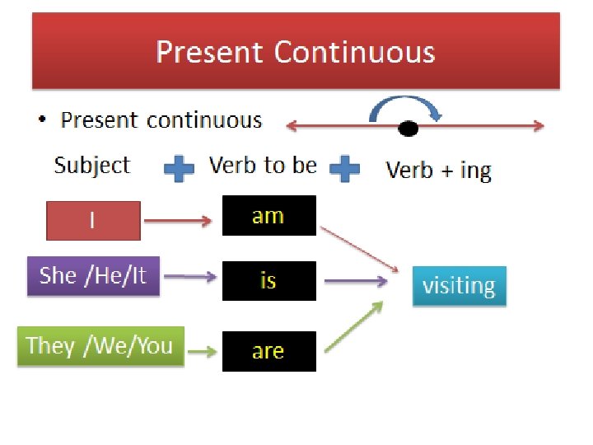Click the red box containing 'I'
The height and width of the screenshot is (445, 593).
[92, 220]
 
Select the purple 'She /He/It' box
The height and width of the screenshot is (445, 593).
[92, 275]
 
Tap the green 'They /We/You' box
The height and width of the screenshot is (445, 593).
[100, 346]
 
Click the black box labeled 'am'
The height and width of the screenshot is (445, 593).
[268, 216]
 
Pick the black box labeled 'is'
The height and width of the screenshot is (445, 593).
[268, 281]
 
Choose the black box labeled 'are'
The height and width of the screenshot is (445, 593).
[268, 351]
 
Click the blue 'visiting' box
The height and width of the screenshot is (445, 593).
[459, 286]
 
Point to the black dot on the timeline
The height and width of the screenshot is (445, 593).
[408, 128]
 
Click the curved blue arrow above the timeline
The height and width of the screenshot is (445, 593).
[408, 105]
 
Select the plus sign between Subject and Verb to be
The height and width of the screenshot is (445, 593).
[179, 170]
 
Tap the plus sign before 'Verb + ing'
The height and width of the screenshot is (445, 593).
[344, 170]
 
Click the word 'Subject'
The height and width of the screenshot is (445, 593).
[91, 165]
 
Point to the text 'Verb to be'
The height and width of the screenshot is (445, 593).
[263, 165]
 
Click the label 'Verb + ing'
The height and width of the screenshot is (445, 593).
[438, 171]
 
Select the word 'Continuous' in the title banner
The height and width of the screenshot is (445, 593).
[354, 52]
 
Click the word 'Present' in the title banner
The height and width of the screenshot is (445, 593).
[210, 52]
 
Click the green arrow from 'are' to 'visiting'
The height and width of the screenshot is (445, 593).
[354, 328]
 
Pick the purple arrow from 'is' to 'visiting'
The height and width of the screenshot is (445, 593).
[356, 282]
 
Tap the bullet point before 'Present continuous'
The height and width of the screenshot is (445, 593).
[42, 122]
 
